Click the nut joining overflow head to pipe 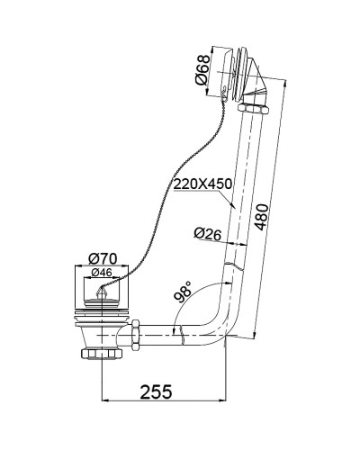(x=251, y=110)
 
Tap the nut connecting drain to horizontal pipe (x=135, y=335)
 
